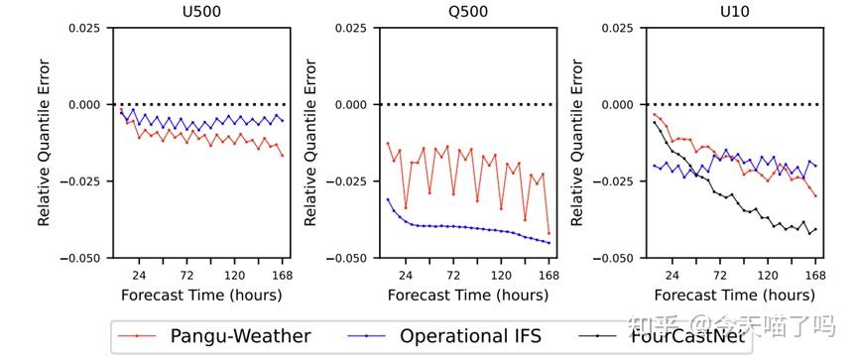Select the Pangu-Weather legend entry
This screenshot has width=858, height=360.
click(213, 336)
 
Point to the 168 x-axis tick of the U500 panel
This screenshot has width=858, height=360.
click(282, 274)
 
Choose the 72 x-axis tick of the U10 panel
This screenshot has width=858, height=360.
click(720, 274)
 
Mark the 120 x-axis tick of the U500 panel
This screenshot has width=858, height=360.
click(234, 274)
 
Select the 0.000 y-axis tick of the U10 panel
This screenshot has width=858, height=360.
click(615, 104)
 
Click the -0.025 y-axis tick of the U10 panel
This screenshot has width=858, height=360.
click(613, 180)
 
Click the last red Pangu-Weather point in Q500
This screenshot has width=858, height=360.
click(549, 234)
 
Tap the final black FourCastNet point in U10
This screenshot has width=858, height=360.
click(815, 230)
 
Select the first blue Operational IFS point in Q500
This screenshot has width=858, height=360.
click(388, 199)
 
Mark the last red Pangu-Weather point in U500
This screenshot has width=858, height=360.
click(282, 155)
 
